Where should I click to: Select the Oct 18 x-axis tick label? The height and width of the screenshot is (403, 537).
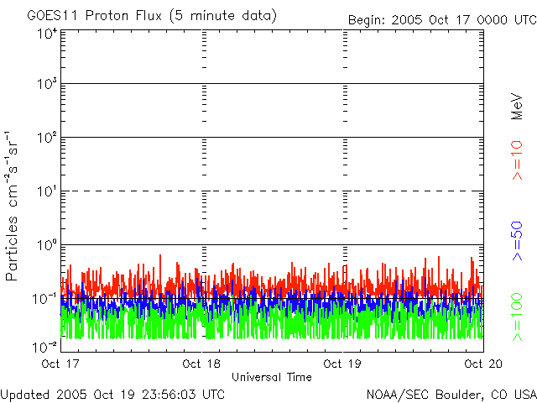coord(202,364)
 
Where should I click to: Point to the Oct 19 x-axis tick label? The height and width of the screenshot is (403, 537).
coord(343,364)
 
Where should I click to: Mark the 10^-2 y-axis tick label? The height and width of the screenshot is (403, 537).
coord(45,347)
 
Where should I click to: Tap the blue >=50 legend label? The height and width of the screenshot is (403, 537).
coord(518,239)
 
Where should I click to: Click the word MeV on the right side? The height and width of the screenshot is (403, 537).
coord(518,105)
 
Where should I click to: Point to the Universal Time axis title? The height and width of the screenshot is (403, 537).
coord(272,377)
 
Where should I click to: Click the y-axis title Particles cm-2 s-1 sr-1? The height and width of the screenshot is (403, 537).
coord(14,205)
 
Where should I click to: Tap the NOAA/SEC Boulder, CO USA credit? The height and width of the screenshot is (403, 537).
coord(451,394)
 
